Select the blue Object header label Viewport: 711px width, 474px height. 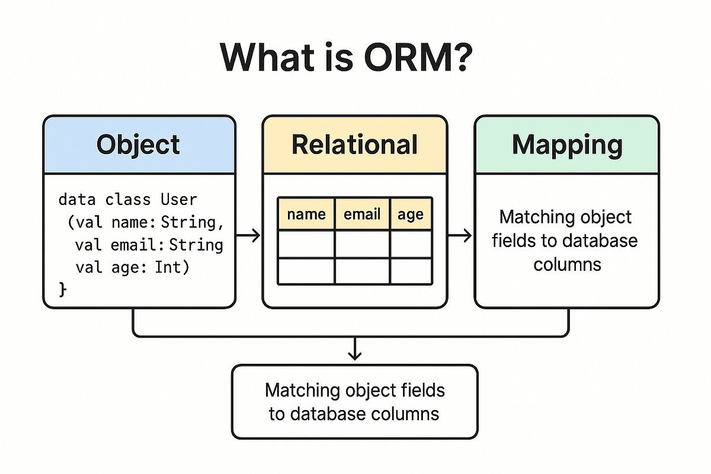[x=139, y=144]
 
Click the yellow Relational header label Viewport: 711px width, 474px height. [x=355, y=144]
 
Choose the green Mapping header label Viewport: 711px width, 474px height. [x=566, y=144]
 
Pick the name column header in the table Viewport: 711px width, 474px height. [x=306, y=214]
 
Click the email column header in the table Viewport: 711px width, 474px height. [x=362, y=214]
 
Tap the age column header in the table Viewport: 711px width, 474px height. [x=411, y=214]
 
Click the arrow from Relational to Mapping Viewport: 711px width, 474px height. [x=460, y=236]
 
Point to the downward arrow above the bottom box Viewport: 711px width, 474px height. [x=354, y=350]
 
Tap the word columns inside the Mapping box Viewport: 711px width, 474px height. [x=567, y=264]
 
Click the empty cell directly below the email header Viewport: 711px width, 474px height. [x=362, y=244]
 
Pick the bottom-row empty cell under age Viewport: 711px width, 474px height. [x=411, y=271]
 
